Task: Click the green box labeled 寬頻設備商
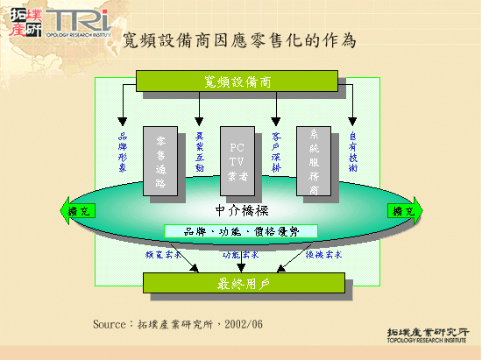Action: (237, 81)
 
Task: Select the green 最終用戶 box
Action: (237, 283)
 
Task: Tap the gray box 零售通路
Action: (161, 159)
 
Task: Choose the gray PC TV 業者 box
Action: (237, 159)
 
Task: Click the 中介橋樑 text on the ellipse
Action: (241, 211)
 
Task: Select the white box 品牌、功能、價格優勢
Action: (241, 231)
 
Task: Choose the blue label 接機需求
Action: (323, 255)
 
